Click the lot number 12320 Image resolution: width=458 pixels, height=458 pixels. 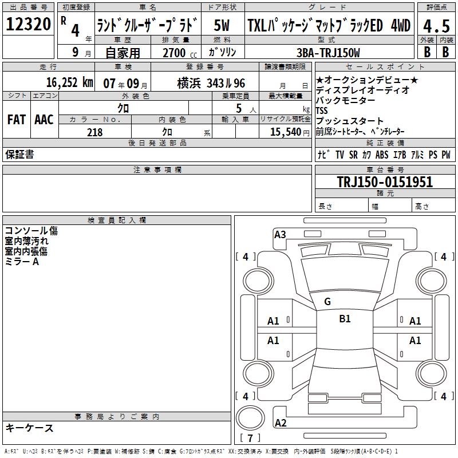click(28, 23)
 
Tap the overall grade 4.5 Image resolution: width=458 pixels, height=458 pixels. click(436, 26)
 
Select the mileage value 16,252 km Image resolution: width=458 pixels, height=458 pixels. click(70, 82)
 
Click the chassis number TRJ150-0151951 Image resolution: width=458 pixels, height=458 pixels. click(385, 181)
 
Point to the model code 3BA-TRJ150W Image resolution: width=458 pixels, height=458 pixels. click(328, 53)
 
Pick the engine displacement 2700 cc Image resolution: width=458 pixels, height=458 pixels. click(180, 53)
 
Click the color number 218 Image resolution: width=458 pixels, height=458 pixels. click(94, 132)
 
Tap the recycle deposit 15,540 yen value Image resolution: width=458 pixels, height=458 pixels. click(290, 132)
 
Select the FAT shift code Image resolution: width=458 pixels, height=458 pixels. click(17, 120)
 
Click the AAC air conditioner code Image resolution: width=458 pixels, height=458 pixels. click(44, 120)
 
